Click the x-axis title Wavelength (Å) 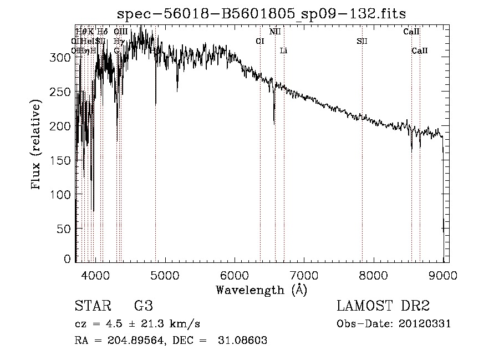coord(261,289)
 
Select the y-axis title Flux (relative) coord(37,145)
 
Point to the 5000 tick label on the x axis coord(165,274)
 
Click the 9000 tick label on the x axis coord(443,274)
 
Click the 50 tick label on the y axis coord(64,229)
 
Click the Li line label coord(283,50)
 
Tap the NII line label coord(275,32)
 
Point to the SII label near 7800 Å coord(362,41)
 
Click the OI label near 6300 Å coord(259,41)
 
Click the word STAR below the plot coord(92,306)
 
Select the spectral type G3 coord(143,306)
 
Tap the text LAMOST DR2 coord(383,306)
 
